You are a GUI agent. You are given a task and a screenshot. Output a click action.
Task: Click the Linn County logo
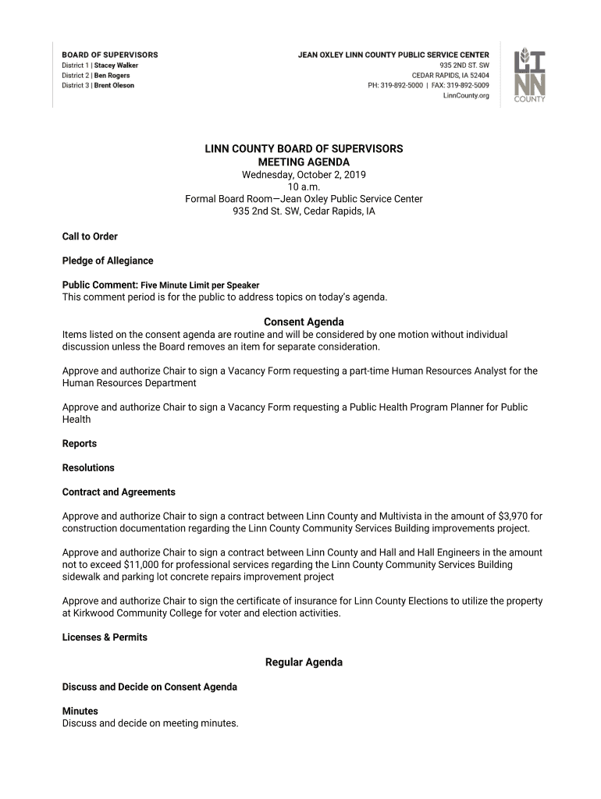[x=529, y=76]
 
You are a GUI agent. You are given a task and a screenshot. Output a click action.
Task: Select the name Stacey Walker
[x=116, y=66]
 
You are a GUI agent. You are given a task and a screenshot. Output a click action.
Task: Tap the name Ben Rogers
[x=112, y=76]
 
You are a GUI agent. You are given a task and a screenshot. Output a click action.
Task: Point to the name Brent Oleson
[x=114, y=86]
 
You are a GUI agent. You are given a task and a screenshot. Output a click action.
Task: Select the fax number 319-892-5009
[x=468, y=86]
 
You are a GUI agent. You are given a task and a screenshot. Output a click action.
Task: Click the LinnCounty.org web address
[x=466, y=96]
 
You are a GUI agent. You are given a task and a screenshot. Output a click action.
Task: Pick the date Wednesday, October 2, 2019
[x=304, y=174]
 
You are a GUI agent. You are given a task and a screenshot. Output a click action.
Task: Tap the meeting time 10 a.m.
[x=304, y=186]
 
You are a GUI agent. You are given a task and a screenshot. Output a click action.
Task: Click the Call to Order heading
[x=90, y=236]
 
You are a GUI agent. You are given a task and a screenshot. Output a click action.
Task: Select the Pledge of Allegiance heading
[x=108, y=261]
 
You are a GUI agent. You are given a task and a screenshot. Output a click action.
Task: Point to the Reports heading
[x=80, y=444]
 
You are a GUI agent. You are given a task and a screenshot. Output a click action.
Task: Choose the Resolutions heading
[x=88, y=468]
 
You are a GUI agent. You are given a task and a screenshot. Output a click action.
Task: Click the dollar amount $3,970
[x=513, y=517]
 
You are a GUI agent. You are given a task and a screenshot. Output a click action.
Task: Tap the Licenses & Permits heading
[x=105, y=637]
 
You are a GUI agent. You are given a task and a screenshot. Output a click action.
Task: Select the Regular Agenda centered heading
[x=304, y=662]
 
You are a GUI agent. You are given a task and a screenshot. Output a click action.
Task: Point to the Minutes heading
[x=80, y=711]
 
